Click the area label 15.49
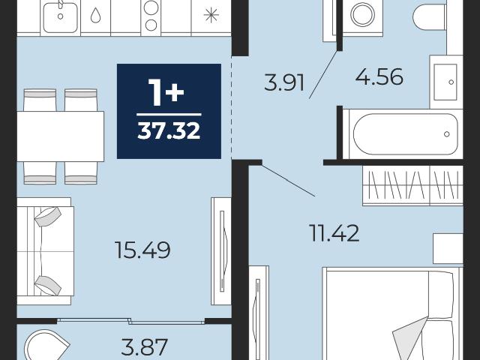(142, 250)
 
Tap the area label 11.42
(334, 232)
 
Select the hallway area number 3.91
(284, 82)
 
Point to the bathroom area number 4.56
(379, 76)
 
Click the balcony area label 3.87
(144, 346)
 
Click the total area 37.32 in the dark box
(169, 131)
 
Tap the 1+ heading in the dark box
(166, 92)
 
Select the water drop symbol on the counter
(96, 15)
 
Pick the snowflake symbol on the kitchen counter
(211, 15)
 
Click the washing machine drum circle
(363, 14)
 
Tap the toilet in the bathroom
(429, 16)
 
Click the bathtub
(403, 133)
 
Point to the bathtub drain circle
(447, 134)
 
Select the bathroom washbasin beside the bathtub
(445, 82)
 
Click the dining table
(60, 136)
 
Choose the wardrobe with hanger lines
(412, 185)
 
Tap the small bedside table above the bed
(448, 248)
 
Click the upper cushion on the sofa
(48, 217)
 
